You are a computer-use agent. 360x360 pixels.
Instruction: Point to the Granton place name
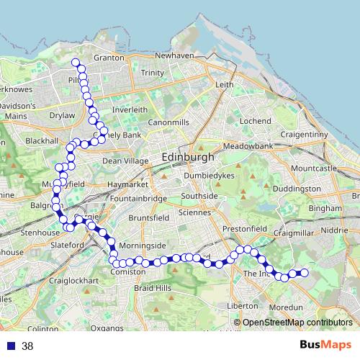[x=109, y=58]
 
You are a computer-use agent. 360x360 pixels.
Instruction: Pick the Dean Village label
[x=124, y=161]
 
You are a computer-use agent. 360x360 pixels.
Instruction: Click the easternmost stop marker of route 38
[x=304, y=272]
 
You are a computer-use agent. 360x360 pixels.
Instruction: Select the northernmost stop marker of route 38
[x=75, y=62]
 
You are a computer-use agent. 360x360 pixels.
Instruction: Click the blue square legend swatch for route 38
[x=10, y=346]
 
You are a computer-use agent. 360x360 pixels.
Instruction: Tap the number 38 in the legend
[x=28, y=346]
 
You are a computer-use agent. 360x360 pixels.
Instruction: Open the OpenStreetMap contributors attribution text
[x=297, y=323]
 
